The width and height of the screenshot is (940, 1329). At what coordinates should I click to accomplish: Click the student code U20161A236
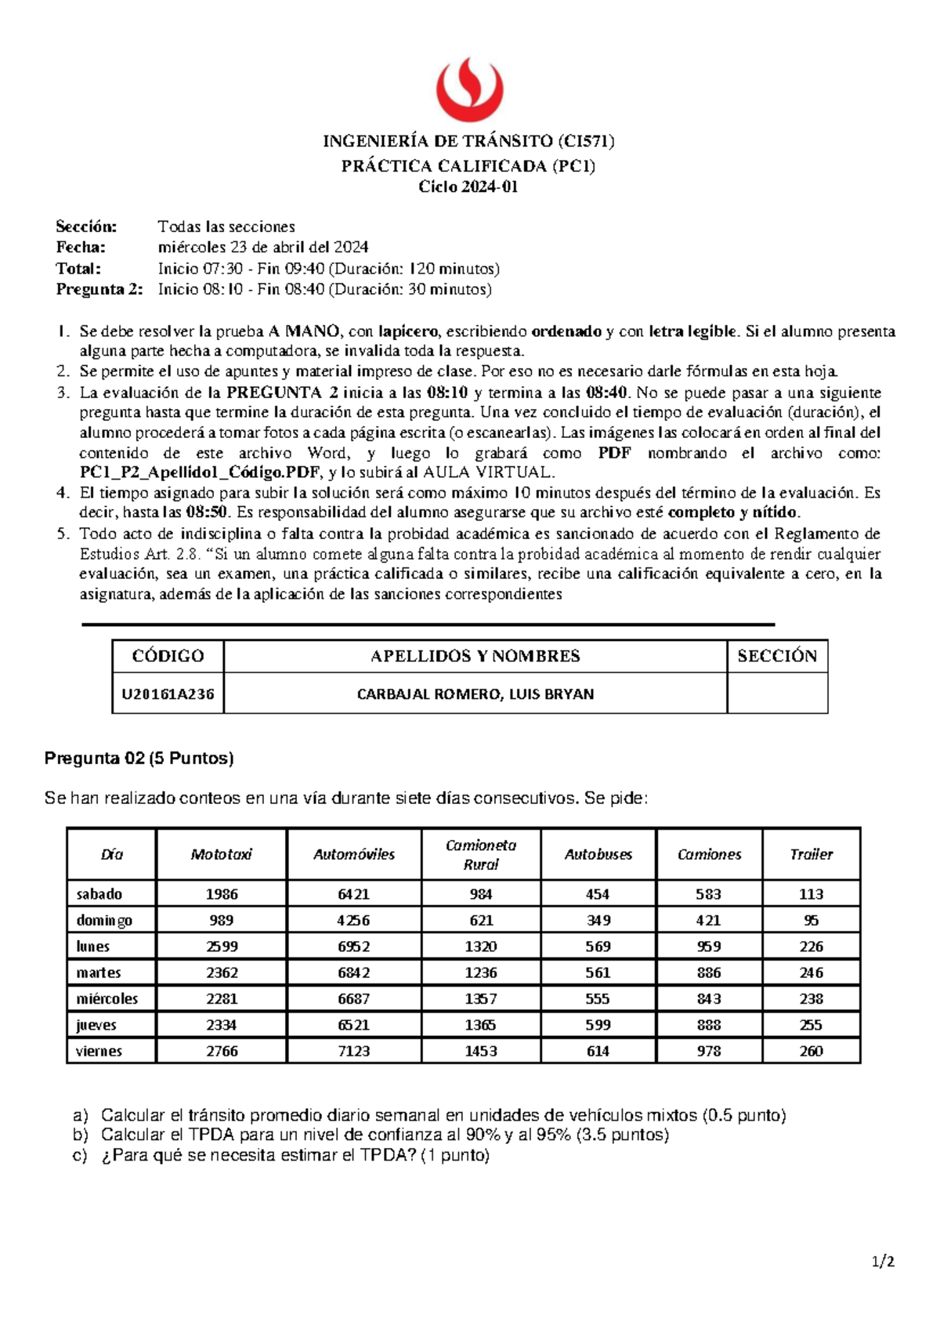tap(168, 693)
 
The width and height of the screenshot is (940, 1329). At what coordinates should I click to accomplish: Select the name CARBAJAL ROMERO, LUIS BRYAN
tap(475, 693)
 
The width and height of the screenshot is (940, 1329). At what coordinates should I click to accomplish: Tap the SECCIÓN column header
tap(776, 656)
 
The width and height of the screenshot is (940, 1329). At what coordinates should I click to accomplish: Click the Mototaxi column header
tap(221, 854)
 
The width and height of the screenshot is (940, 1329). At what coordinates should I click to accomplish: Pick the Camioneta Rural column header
tap(480, 854)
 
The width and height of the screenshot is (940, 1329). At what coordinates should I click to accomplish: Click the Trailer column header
tap(811, 854)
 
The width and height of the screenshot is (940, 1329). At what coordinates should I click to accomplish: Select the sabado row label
tap(99, 894)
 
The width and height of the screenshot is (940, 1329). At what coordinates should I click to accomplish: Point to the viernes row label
tap(99, 1051)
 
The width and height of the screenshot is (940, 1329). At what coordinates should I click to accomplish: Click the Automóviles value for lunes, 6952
tap(353, 947)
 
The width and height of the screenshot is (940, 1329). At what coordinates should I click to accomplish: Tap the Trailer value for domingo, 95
tap(811, 920)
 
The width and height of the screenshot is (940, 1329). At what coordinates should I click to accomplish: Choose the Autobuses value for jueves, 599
tap(598, 1025)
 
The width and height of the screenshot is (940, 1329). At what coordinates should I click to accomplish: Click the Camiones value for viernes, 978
tap(709, 1051)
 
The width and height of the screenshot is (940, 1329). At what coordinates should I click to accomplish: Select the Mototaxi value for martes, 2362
tap(222, 972)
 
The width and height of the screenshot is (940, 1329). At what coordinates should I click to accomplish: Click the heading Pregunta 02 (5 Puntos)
tap(139, 758)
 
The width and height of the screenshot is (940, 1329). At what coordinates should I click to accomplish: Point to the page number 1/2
tap(884, 1262)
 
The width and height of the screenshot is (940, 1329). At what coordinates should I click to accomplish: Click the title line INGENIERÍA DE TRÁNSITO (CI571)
tap(468, 141)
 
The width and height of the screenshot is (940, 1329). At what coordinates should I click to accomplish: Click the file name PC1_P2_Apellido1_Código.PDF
tap(200, 473)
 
